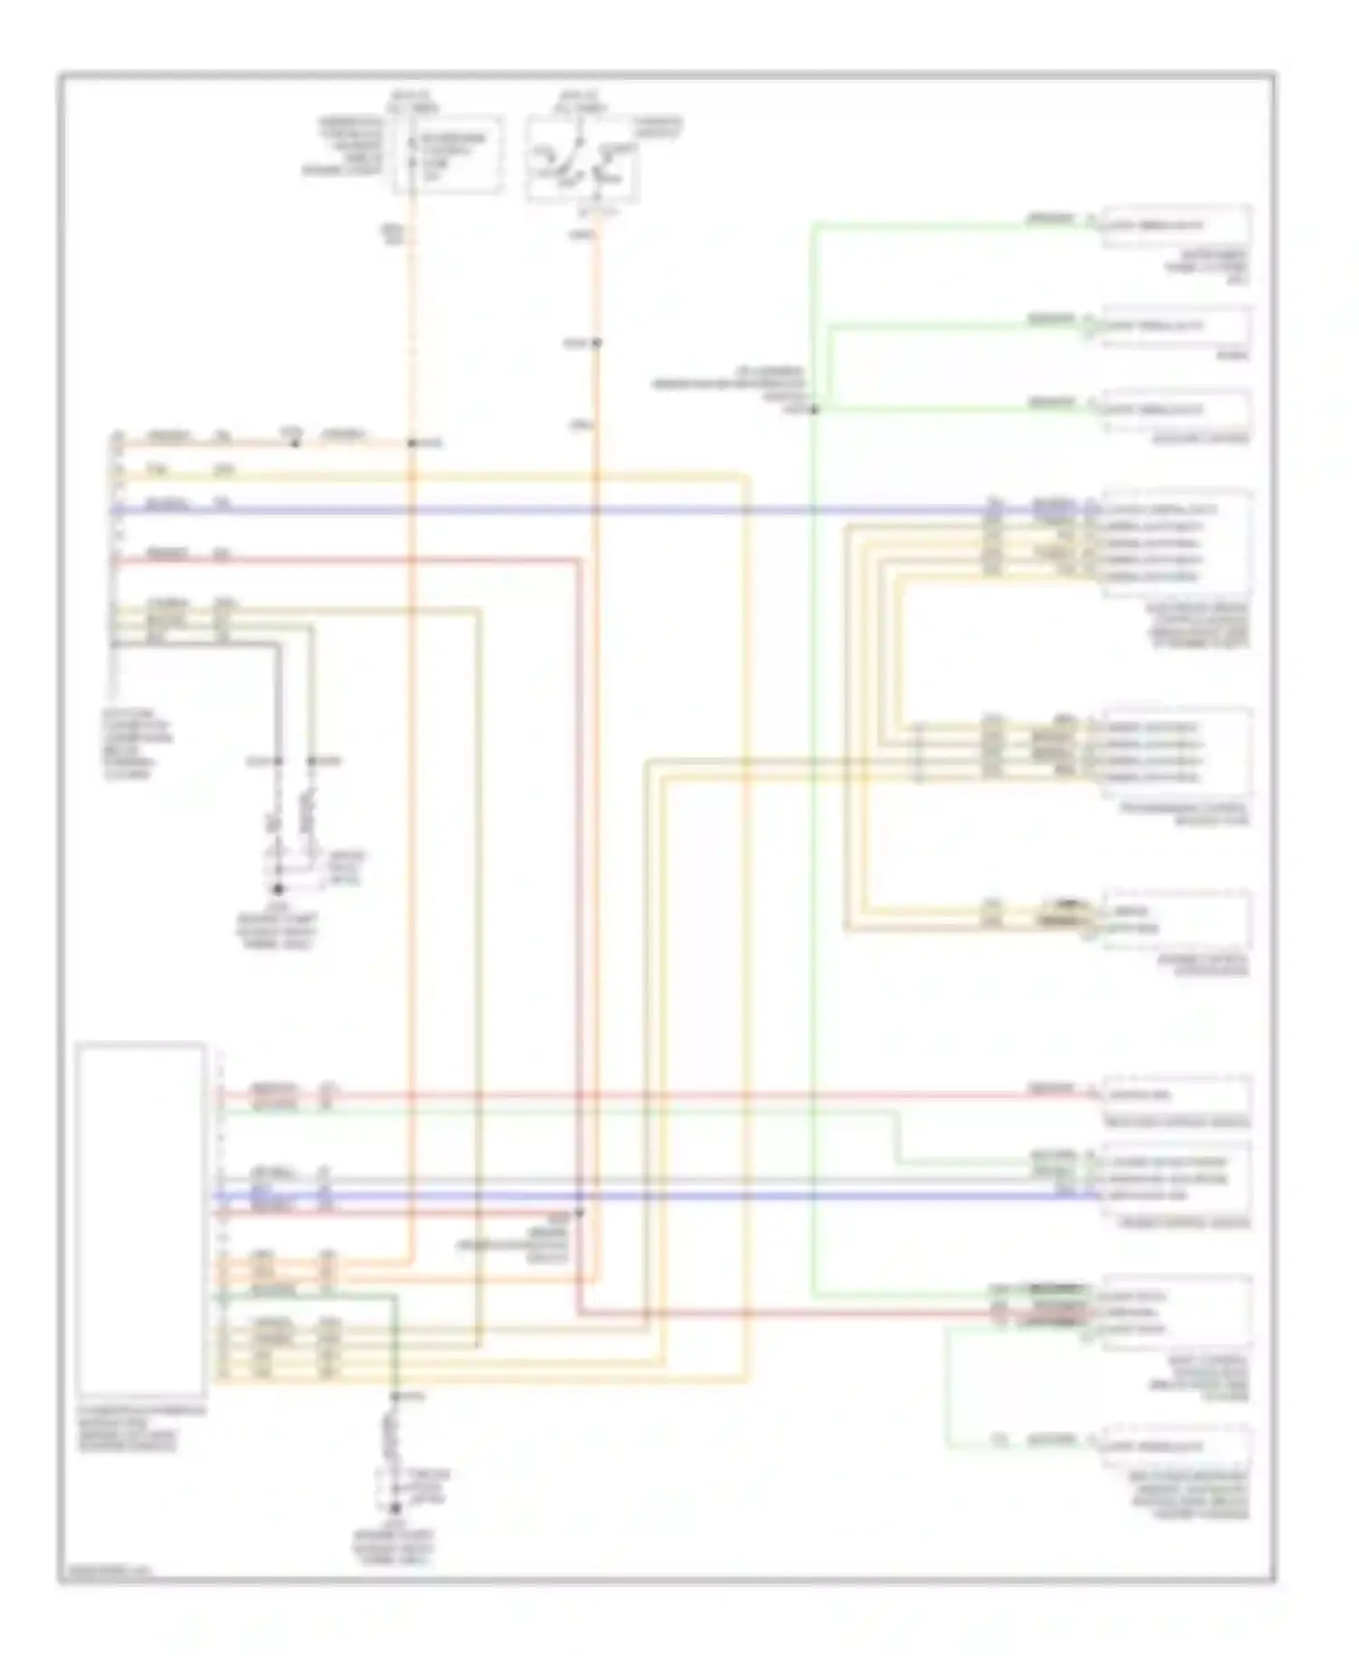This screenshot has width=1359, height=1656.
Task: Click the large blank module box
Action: pos(140,1218)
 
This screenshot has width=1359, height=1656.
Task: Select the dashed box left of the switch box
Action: pos(448,154)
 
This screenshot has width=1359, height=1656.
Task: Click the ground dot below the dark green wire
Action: pos(395,1507)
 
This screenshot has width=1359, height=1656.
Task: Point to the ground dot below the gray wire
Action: pos(278,890)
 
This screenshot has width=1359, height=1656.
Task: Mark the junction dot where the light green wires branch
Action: pos(814,410)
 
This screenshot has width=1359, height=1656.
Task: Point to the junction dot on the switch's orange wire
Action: pos(596,343)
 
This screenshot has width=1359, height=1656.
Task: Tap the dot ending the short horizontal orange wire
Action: pos(411,443)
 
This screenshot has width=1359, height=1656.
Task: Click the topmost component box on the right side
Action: pos(1176,226)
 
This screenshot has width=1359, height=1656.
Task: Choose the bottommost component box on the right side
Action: pos(1176,1447)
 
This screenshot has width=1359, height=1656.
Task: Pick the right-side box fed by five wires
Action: pos(1176,542)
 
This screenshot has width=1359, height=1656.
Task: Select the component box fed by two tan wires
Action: pos(1176,919)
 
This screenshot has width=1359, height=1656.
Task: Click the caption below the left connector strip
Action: pos(136,744)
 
